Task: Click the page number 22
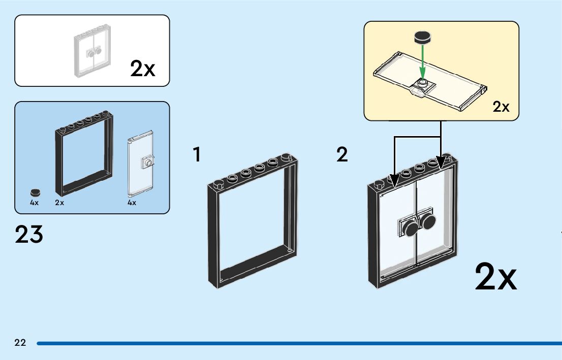[20, 343]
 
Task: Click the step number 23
[29, 235]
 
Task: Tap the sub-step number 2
[342, 155]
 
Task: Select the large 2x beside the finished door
[495, 277]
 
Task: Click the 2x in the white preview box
[143, 69]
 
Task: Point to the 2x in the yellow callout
[501, 107]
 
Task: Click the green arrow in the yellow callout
[421, 61]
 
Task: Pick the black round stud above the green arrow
[422, 37]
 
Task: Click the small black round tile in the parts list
[35, 192]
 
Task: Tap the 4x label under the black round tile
[34, 203]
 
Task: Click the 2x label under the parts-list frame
[59, 203]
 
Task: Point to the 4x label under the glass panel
[132, 203]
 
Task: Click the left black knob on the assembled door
[409, 229]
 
